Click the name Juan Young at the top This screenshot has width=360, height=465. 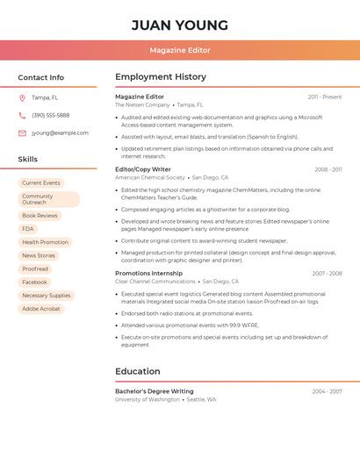179,25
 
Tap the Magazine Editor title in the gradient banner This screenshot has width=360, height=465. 179,50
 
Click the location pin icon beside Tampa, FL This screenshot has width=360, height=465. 22,97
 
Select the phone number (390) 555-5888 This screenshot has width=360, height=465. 50,115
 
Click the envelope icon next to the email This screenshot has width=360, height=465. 22,132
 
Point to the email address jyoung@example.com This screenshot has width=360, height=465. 60,132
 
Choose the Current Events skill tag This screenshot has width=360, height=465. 41,182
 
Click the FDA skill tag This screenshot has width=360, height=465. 28,228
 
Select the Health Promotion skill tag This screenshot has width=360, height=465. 45,242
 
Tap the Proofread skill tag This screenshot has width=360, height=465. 35,268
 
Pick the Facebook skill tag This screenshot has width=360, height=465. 34,282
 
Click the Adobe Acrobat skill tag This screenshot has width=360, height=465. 41,308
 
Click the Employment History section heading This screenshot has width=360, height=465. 160,77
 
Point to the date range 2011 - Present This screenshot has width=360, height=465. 324,97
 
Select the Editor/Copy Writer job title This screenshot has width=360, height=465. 143,169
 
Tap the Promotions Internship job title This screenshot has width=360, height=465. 148,273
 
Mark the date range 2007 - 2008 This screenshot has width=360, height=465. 327,273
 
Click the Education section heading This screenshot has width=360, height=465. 137,371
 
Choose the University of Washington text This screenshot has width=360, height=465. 148,399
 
